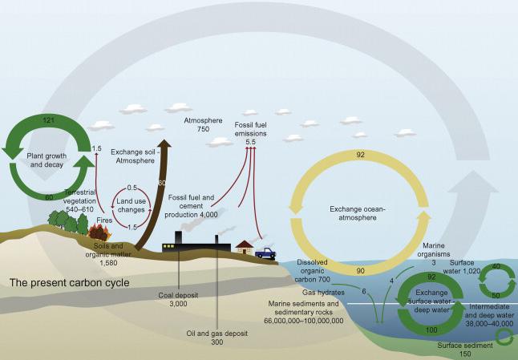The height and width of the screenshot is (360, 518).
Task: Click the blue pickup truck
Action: [x=265, y=253]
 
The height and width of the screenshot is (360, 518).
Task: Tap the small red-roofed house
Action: [x=243, y=248]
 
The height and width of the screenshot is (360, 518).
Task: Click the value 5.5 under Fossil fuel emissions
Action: [x=250, y=141]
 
